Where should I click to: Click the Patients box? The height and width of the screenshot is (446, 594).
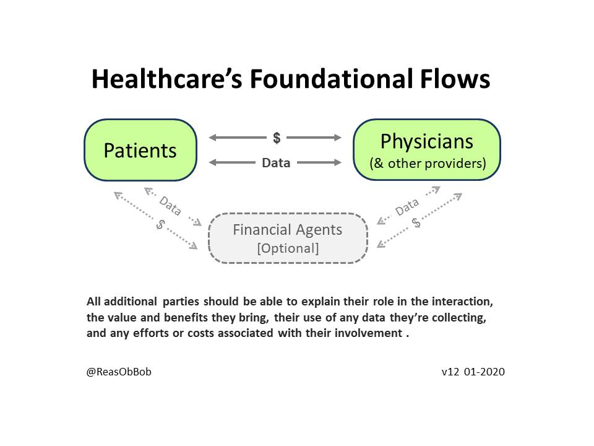point(140,150)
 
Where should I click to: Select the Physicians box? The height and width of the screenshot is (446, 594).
point(426,150)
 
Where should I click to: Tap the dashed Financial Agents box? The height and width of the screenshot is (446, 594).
point(288,238)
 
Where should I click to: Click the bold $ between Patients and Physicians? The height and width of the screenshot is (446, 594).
point(277,138)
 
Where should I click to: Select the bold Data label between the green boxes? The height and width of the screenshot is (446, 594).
point(276,163)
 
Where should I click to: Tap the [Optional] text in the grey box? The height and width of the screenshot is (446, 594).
point(288,248)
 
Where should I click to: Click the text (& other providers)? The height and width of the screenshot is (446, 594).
point(427,164)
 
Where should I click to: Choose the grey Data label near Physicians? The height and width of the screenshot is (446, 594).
point(407,208)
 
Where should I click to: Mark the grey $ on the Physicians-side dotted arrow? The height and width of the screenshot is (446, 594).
point(416,223)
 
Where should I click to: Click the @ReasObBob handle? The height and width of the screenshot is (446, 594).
point(119,372)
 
